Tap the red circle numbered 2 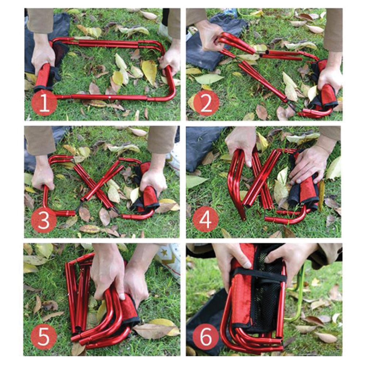coord(206,104)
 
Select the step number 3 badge coord(44,220)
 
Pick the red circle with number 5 coord(44,337)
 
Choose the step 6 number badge coord(205,337)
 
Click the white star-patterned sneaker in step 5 coord(169,257)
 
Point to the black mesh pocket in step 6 coord(268,303)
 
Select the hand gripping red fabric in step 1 coord(43,55)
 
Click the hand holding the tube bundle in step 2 coord(209,35)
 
